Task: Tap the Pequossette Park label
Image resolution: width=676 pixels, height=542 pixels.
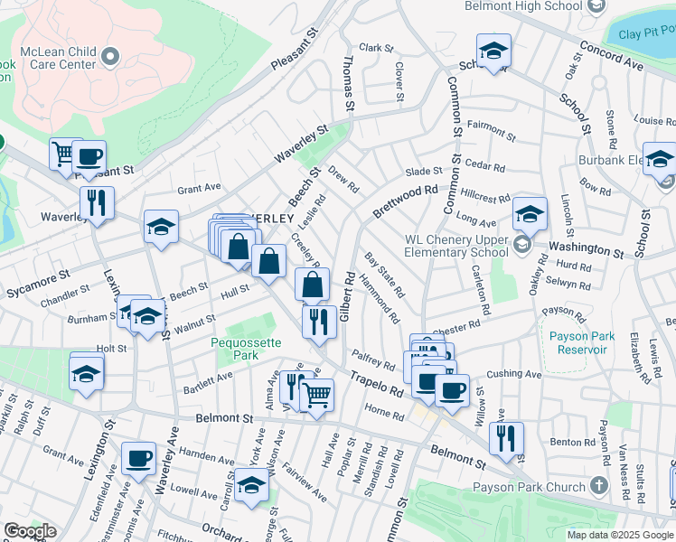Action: pyautogui.click(x=246, y=349)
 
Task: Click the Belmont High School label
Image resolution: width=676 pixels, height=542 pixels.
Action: pyautogui.click(x=522, y=6)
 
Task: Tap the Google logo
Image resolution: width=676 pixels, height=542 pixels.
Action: pyautogui.click(x=29, y=531)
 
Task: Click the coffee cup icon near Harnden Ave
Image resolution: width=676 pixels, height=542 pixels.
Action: pyautogui.click(x=138, y=460)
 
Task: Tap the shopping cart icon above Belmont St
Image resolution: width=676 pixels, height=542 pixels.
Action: pyautogui.click(x=316, y=395)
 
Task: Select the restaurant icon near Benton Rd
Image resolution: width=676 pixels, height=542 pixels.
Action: pyautogui.click(x=507, y=438)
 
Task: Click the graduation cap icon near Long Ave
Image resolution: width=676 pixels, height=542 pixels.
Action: pyautogui.click(x=530, y=214)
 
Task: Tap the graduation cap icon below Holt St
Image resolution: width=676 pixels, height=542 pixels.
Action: pyautogui.click(x=87, y=373)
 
